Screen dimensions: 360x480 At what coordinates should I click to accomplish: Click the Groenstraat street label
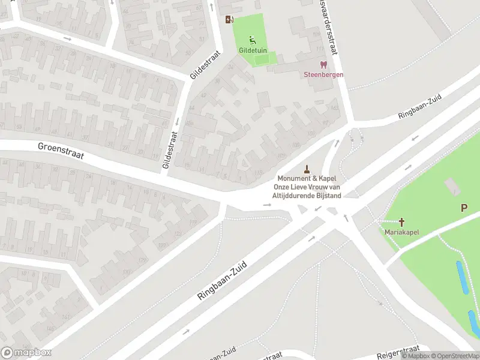(x=60, y=151)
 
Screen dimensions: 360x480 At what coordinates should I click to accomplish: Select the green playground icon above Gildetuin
(x=253, y=40)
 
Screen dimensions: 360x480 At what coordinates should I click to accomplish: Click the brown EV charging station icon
(x=229, y=19)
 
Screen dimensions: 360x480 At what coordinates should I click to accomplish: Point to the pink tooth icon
(x=323, y=64)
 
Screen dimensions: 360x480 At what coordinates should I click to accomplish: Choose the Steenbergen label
(x=323, y=74)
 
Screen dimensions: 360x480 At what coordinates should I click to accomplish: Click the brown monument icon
(x=307, y=169)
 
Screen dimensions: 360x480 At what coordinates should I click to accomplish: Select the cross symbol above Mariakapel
(x=401, y=222)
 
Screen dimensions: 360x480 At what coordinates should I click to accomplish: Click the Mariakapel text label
(x=401, y=232)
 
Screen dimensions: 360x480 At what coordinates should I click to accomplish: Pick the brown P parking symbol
(x=464, y=208)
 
